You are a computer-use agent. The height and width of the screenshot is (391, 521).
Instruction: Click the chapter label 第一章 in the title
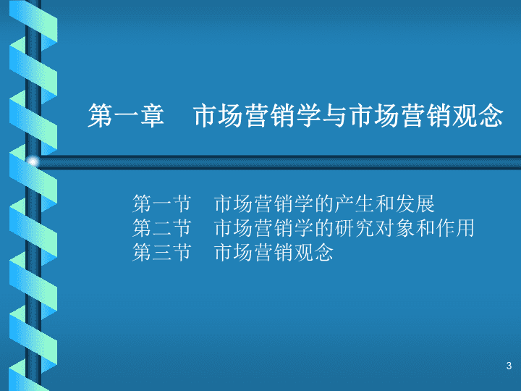coord(126,115)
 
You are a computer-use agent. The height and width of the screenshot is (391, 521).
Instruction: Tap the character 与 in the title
coord(336,115)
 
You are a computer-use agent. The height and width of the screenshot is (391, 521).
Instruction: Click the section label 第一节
coord(162,203)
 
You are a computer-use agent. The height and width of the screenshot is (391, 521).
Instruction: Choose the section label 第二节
coord(162,228)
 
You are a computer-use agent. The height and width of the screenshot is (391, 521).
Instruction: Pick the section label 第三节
coord(162,253)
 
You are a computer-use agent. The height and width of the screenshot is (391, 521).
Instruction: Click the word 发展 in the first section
coord(415,203)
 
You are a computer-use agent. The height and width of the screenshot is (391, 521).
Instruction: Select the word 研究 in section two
coord(355,228)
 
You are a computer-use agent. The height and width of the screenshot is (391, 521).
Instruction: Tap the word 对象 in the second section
coord(395,228)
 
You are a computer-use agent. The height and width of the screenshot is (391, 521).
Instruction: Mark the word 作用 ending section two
coord(455,228)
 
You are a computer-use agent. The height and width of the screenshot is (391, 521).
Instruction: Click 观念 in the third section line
coord(314,253)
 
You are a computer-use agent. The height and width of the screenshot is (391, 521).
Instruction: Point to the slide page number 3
coord(509,366)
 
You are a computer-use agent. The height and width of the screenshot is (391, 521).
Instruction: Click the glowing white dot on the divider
coord(33,162)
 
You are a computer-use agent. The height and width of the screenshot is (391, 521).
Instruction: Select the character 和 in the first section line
coord(385,203)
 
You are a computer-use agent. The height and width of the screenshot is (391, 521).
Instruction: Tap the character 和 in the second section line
coord(425,228)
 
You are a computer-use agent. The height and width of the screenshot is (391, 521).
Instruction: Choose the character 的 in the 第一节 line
coord(324,203)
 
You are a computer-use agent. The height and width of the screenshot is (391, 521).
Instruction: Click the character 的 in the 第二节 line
coord(324,228)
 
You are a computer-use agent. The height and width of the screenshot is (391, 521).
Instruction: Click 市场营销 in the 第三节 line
coord(254,253)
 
